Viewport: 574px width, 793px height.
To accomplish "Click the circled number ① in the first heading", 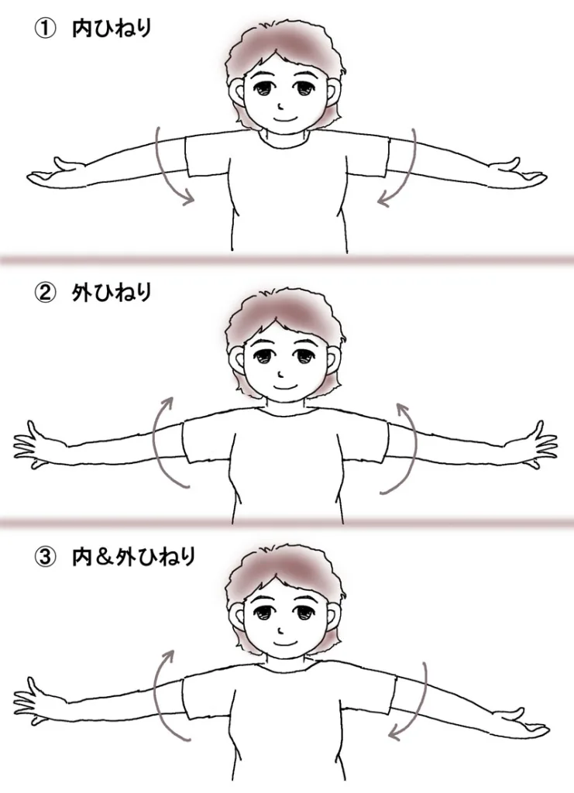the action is pos(44,29).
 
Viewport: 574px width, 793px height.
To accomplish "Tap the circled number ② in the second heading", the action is pos(44,294).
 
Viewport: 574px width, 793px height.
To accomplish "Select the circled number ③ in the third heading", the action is pos(44,558).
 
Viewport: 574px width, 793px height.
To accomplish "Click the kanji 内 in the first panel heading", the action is pos(81,29).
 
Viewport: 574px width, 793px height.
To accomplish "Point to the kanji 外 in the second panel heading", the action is pos(81,294).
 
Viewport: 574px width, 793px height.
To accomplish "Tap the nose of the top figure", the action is pos(280,107).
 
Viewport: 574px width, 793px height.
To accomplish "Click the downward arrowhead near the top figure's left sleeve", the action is pos(190,197).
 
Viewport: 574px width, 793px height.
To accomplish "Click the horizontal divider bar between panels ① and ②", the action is pos(287,260).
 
